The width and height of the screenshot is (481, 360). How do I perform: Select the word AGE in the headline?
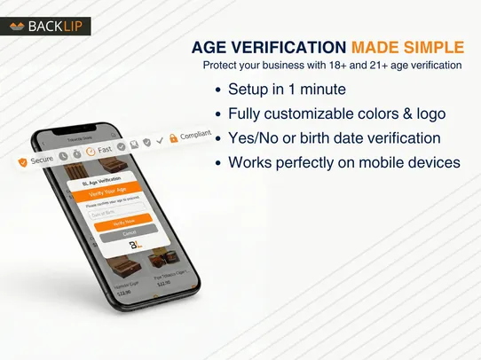click(210, 47)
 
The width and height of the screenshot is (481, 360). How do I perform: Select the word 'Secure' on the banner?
click(43, 160)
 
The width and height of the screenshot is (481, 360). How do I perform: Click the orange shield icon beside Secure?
click(22, 162)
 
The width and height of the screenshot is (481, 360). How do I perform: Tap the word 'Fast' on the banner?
click(105, 151)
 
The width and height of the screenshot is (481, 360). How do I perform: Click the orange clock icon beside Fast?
click(90, 153)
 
